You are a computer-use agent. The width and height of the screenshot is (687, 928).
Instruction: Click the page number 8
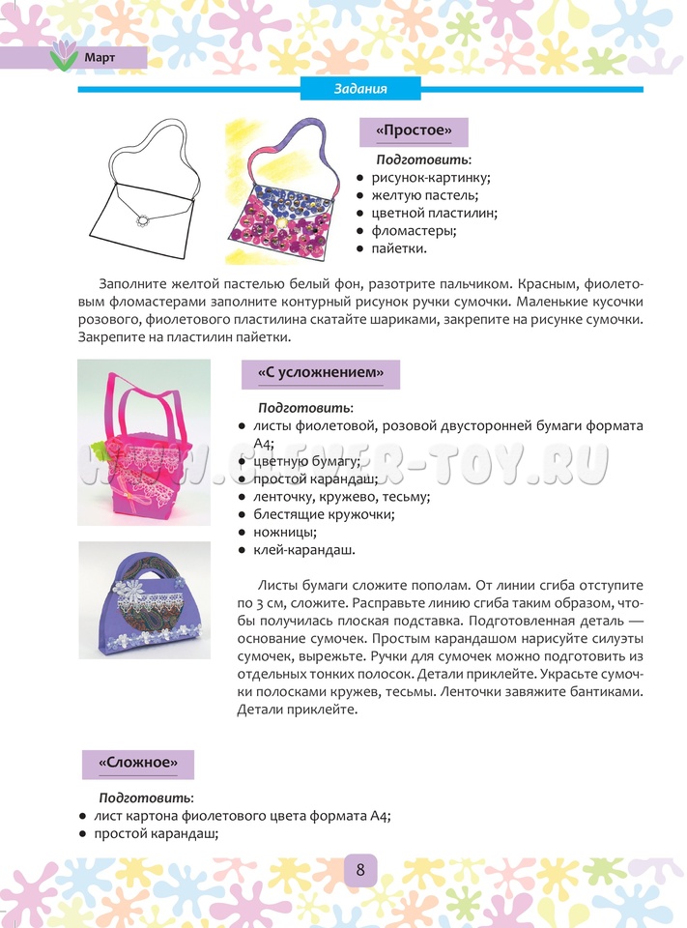click(359, 868)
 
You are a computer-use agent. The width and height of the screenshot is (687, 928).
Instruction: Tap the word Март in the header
click(100, 57)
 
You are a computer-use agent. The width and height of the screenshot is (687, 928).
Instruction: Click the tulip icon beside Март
click(64, 56)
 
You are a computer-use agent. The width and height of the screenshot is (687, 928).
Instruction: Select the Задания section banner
click(360, 89)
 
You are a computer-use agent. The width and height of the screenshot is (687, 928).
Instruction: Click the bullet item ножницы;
click(285, 532)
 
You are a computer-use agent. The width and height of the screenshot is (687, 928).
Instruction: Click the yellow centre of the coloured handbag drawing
click(280, 223)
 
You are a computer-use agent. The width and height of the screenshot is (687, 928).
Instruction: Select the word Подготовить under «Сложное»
click(146, 797)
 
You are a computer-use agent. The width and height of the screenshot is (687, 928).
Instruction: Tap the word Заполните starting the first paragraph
click(135, 284)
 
